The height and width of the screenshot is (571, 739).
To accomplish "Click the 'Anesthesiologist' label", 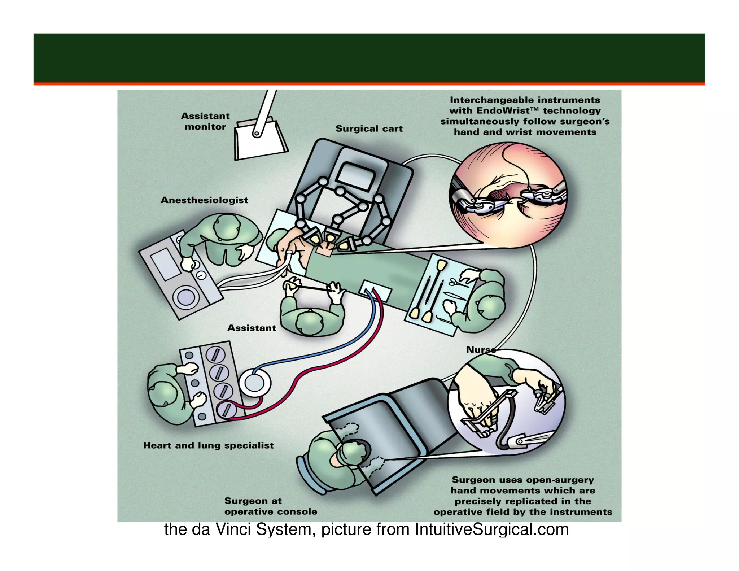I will point(204,200).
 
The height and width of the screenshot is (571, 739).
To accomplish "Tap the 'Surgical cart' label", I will point(369,128).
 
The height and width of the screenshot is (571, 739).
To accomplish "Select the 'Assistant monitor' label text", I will point(205,121).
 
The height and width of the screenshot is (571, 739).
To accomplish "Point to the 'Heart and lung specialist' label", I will point(208,445).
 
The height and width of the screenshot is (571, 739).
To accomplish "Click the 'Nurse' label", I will point(480,349).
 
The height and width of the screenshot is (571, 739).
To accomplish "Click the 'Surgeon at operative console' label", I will point(271,506).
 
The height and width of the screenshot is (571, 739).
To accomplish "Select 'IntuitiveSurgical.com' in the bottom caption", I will point(491,529).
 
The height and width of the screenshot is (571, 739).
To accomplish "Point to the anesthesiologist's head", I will point(226,226).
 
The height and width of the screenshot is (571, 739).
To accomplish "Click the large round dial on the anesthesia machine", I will point(186,298).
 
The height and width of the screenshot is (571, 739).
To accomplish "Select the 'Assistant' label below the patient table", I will point(252,328).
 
